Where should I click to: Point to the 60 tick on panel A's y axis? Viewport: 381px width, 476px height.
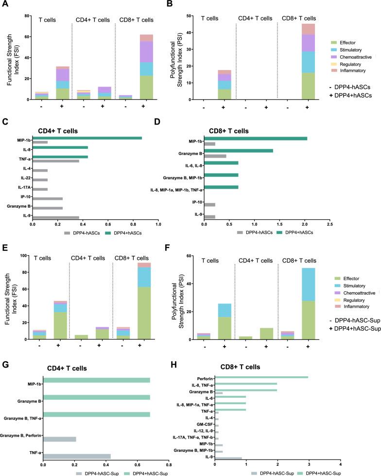tap(28, 37)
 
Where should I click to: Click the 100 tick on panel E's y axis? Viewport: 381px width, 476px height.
tap(27, 255)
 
